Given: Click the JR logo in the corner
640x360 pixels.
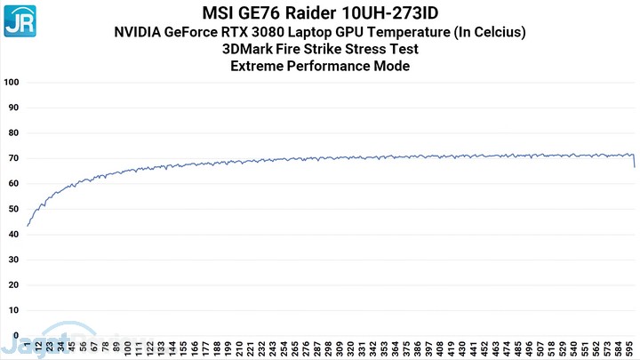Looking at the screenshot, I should point(20,19).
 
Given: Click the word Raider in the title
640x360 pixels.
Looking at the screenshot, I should point(330,13).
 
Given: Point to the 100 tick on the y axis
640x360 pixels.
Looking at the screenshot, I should point(12,83).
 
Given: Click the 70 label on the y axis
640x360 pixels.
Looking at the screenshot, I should point(13,158).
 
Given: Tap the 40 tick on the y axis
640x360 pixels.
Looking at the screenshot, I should point(13,235).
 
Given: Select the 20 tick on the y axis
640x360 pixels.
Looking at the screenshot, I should point(13,285).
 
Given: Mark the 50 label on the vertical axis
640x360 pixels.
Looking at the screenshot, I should point(13,210).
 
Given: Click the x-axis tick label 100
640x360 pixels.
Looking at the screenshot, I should point(130,347).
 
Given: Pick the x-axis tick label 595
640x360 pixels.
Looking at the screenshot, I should point(628,347).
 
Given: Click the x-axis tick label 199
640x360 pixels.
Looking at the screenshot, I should point(228,347).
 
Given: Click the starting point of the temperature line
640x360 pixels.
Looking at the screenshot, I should point(28,226).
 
